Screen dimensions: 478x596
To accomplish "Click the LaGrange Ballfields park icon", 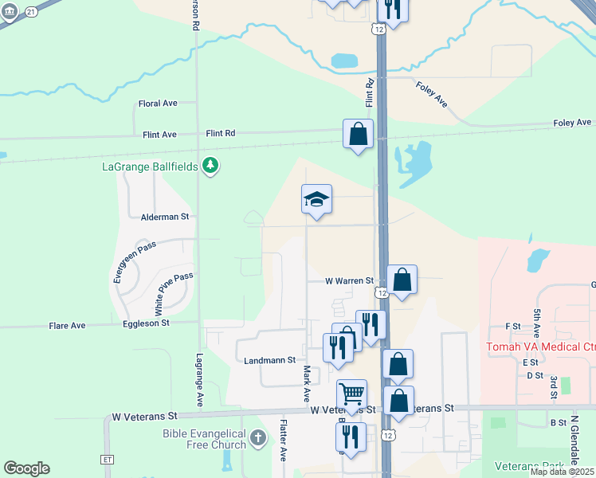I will [x=210, y=166].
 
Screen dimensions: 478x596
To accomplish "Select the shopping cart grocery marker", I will [x=351, y=394].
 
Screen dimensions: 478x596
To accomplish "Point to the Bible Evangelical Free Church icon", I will [x=257, y=438].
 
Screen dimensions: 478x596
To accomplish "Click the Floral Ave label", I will [x=157, y=104].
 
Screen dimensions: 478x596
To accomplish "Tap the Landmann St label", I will [x=269, y=360].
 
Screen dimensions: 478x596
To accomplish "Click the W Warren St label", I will [x=349, y=281].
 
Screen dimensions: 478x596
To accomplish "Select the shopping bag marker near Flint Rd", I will [x=359, y=134].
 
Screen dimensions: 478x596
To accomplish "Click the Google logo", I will [x=26, y=468].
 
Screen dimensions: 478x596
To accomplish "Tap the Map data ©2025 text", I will [x=562, y=472].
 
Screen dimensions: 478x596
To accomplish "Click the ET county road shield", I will [x=108, y=460].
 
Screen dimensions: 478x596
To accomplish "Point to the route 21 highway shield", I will [x=30, y=12].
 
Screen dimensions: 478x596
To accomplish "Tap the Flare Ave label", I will [x=67, y=326].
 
